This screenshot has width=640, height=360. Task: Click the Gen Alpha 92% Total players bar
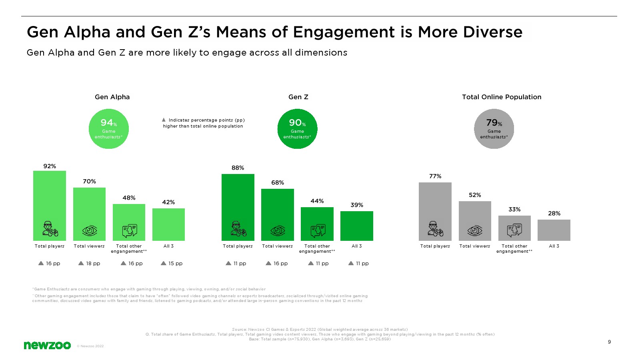coord(50,200)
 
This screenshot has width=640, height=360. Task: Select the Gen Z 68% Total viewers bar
coord(278,208)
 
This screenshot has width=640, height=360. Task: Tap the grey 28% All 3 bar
coord(554,230)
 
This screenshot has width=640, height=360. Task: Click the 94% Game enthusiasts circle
coord(109,129)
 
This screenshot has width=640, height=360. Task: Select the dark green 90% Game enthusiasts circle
coord(297,129)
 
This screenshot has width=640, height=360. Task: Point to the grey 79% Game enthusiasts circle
coord(494,129)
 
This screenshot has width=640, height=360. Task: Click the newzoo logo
coord(47,345)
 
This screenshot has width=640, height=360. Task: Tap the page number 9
coord(609,342)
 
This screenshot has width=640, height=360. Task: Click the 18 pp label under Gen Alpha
coord(90,264)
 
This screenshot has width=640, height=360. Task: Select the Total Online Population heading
coord(502,97)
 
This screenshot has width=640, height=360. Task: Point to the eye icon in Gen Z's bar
coord(278,231)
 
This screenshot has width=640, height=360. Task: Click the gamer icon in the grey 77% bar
coord(435,229)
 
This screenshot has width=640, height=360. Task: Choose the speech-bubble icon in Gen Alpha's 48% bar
coord(129,231)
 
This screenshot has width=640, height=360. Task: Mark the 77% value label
coord(435,176)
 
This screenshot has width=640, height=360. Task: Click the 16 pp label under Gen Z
coord(277,264)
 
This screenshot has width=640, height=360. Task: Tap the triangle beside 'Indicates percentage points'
coord(164,120)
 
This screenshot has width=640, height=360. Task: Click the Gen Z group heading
coord(298,97)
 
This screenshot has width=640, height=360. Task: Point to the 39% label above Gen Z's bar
coord(357,205)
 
